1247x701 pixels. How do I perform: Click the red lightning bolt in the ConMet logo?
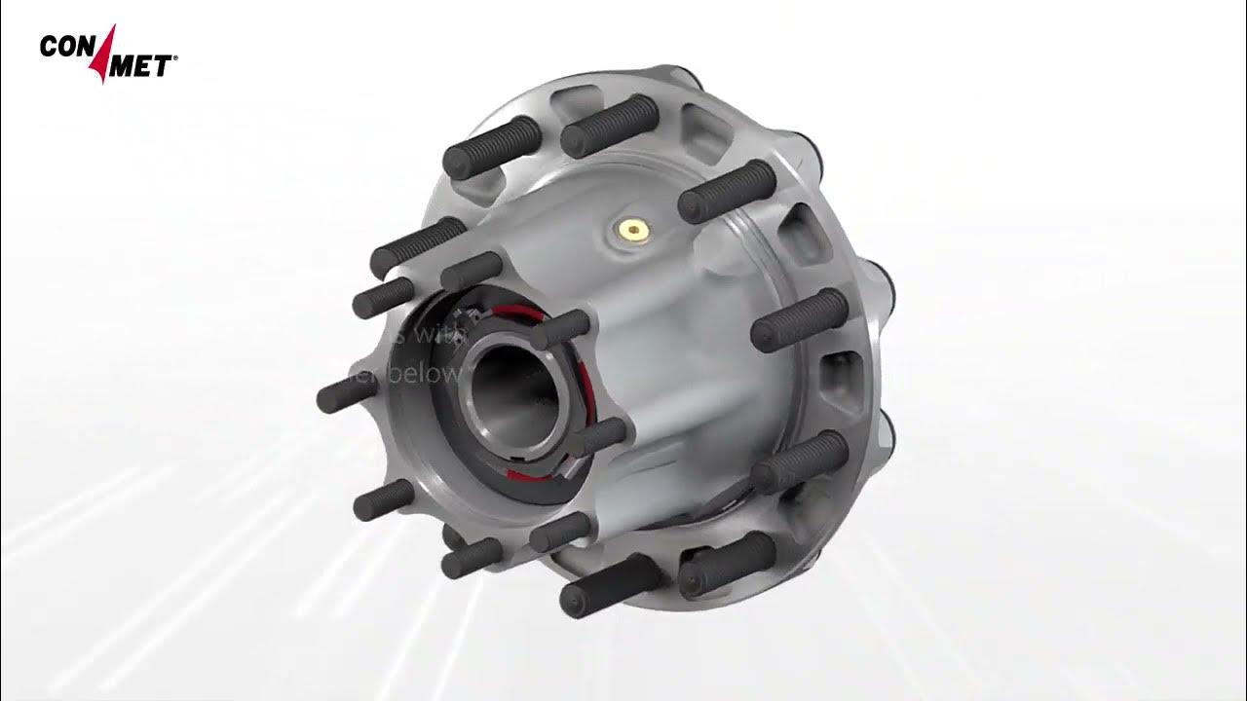[106, 54]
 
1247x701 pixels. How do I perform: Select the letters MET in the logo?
[142, 66]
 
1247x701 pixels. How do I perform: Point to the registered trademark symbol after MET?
[175, 59]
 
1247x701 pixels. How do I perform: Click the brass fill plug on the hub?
[635, 230]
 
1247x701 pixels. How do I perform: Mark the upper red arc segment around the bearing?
[521, 314]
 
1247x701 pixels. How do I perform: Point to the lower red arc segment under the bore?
[526, 474]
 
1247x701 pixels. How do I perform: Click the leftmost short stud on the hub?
[346, 393]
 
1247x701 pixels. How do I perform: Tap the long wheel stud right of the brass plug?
[727, 192]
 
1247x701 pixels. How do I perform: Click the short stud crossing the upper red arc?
[560, 329]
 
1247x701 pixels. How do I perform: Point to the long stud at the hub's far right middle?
[799, 320]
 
